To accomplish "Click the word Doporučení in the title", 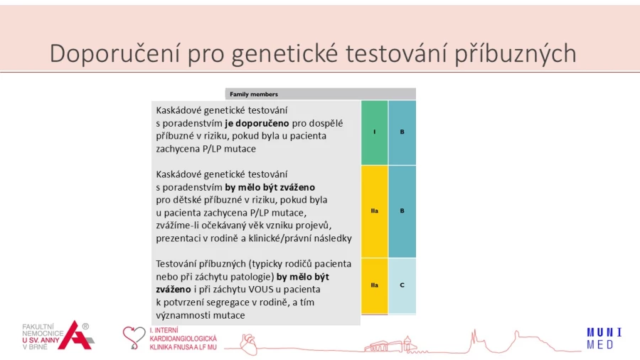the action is point(114,53).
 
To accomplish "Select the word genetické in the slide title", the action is point(285,54).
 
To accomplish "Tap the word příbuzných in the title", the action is point(515,54).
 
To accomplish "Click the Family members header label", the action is point(254,95).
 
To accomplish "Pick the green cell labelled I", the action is point(374,132).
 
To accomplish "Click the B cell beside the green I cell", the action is point(402,132).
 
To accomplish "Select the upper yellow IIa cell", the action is point(374,211).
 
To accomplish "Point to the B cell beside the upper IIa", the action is point(402,211).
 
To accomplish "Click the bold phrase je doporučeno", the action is point(257,123).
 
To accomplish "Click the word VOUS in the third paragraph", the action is point(260,290).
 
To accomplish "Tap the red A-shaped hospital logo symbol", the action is point(75,336).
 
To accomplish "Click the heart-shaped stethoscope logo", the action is point(134,337).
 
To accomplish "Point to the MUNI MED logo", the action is point(604,339).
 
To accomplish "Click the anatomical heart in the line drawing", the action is point(248,344).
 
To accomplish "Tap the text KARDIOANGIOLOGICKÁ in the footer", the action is point(183,339).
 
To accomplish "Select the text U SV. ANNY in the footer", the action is point(41,340).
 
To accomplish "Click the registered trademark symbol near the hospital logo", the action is point(85,327).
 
